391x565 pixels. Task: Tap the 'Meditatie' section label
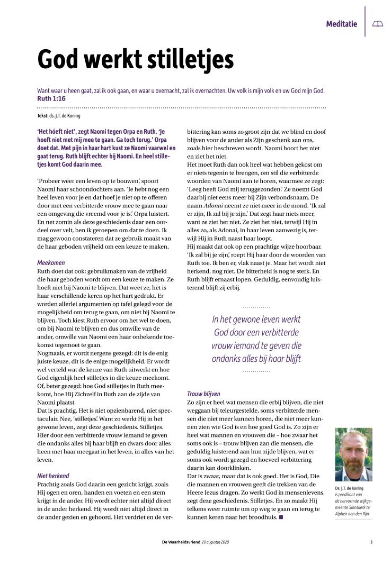click(x=342, y=24)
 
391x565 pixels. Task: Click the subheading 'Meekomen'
click(x=51, y=262)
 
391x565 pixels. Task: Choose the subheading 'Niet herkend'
click(x=53, y=476)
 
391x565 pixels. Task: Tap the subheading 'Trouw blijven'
click(x=203, y=394)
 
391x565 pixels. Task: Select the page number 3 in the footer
click(x=371, y=542)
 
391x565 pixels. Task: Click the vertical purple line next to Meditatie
click(x=365, y=21)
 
